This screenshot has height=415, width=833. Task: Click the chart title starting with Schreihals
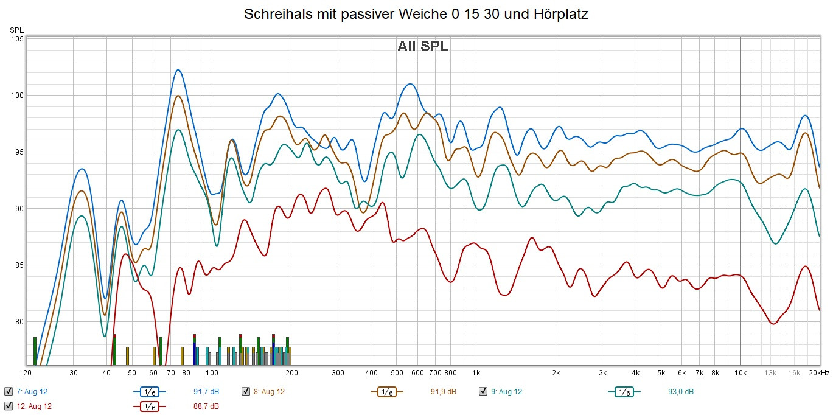click(416, 15)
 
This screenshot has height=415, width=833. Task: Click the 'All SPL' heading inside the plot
click(423, 46)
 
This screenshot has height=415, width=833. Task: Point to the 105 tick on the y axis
click(17, 39)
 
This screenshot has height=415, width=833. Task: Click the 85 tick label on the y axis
click(17, 265)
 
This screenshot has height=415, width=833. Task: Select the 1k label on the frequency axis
click(476, 373)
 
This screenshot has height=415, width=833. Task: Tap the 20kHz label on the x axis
click(819, 373)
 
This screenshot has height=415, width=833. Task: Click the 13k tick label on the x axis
click(771, 373)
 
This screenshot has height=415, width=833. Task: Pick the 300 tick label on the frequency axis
click(338, 373)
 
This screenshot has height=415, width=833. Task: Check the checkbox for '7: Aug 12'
click(8, 391)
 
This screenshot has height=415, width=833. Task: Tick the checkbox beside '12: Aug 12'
click(8, 406)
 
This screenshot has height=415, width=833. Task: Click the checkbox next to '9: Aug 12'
click(483, 391)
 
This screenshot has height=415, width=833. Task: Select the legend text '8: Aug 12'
click(269, 391)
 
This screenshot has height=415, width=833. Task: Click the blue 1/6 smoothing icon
click(150, 392)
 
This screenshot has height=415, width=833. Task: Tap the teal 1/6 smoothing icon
click(624, 392)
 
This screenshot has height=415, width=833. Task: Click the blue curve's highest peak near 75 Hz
click(178, 70)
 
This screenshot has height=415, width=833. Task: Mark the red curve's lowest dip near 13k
click(773, 324)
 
